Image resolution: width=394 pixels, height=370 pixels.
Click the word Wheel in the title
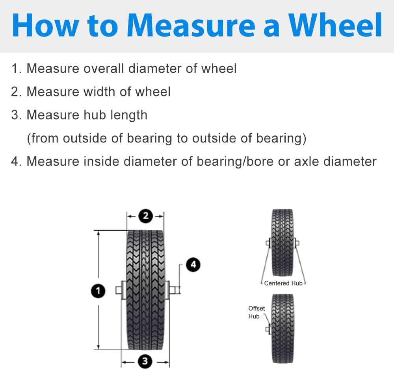tap(335, 25)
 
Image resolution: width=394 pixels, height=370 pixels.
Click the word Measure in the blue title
tap(191, 25)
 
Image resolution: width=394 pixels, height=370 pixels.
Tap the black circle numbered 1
tap(98, 291)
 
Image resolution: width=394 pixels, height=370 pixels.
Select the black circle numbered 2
tap(145, 216)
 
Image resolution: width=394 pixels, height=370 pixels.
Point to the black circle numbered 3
tap(145, 361)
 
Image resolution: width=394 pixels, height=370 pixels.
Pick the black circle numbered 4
tap(193, 265)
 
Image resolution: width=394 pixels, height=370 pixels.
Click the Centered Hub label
tap(283, 283)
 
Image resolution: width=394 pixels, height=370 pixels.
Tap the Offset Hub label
tap(256, 312)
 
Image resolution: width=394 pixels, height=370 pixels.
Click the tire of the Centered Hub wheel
tap(282, 242)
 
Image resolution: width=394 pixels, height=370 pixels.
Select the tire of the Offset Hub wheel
tap(282, 328)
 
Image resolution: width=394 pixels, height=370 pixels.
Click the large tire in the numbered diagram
tap(145, 290)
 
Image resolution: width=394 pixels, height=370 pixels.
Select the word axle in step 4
tap(306, 161)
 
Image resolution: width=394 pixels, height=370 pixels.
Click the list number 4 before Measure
tap(15, 161)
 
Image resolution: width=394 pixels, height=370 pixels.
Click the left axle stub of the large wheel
tap(119, 290)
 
